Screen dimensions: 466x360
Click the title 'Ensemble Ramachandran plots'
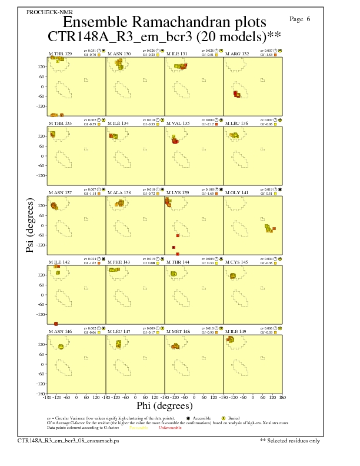[164, 23]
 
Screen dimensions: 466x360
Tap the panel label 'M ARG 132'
[237, 54]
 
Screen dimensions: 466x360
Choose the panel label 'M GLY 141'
[237, 192]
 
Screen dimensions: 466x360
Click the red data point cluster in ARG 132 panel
[236, 94]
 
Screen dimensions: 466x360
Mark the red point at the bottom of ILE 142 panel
[56, 324]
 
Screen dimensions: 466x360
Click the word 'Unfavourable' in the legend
[170, 428]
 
